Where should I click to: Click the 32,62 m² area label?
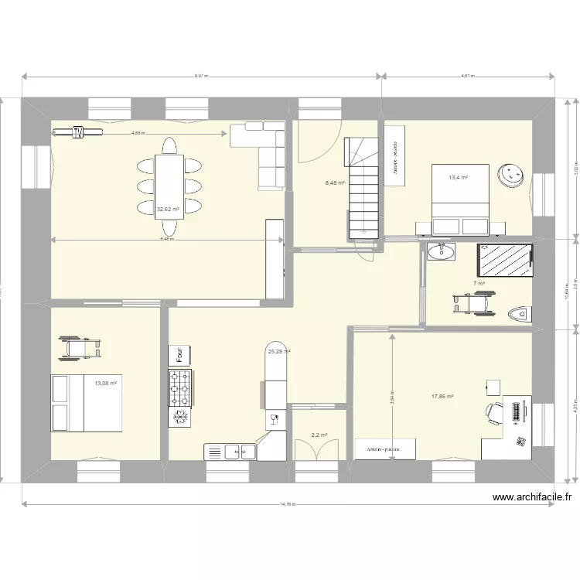[168, 209]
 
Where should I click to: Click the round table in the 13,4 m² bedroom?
[511, 175]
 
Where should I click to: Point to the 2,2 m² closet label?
[319, 435]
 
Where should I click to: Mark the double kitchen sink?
[230, 450]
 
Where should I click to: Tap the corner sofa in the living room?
[263, 148]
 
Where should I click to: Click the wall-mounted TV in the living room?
[77, 133]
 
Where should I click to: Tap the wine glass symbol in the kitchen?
[274, 420]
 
